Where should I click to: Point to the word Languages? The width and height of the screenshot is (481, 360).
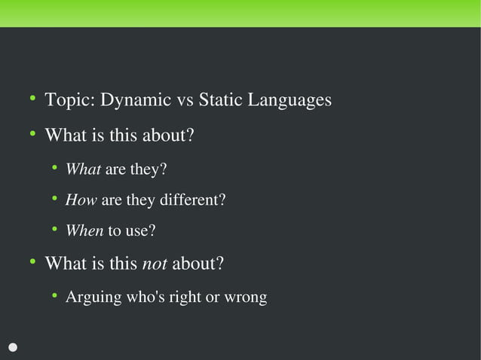click(x=290, y=101)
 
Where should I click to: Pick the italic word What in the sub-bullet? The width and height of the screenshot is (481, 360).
click(x=83, y=169)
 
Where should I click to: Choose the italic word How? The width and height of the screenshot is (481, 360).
click(x=81, y=200)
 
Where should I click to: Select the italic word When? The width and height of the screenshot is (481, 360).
click(x=84, y=231)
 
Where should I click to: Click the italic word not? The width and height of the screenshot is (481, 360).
click(x=154, y=264)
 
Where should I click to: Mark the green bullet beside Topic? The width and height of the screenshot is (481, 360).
click(x=32, y=99)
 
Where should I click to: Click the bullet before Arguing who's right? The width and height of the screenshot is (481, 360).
click(x=54, y=295)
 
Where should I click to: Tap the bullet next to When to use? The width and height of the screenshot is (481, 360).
click(x=54, y=229)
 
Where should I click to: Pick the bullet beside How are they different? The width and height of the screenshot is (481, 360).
click(x=54, y=198)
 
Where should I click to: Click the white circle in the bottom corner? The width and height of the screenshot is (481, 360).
click(x=13, y=347)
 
